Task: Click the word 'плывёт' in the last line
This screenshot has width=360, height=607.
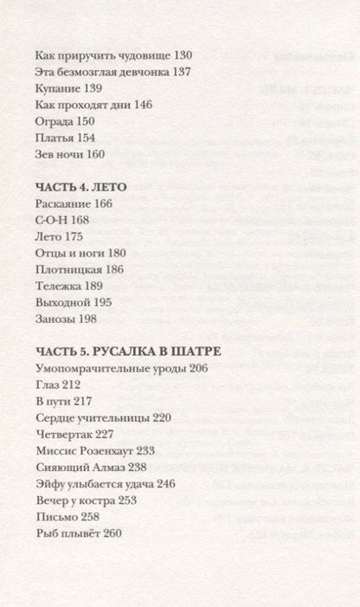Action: click(x=80, y=533)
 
